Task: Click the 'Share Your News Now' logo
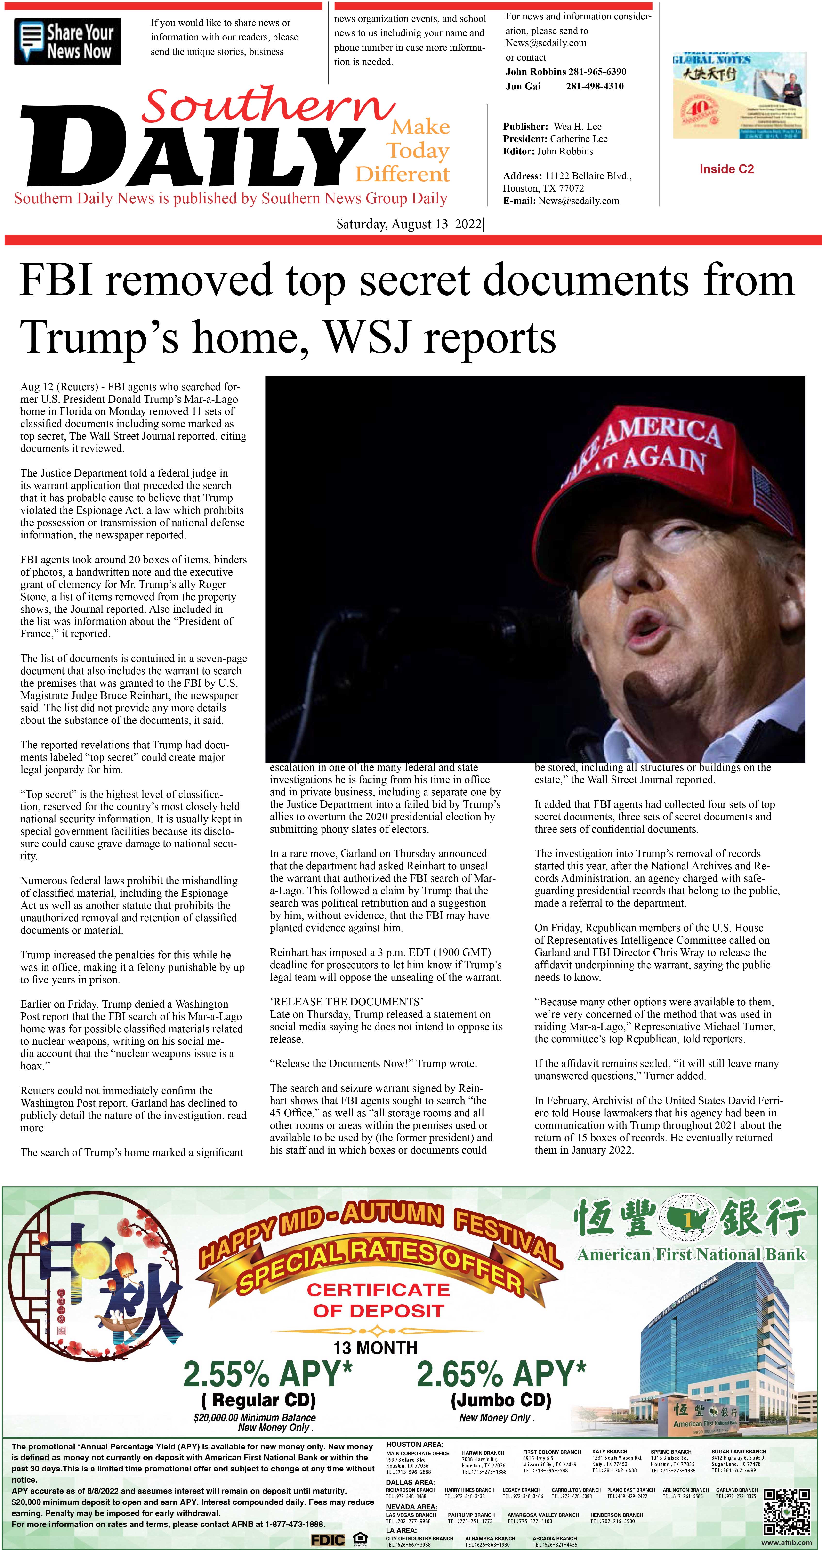[67, 42]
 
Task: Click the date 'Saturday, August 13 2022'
[409, 225]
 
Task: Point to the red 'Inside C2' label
[726, 169]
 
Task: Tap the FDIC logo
[328, 1540]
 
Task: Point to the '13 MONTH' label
[376, 1347]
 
